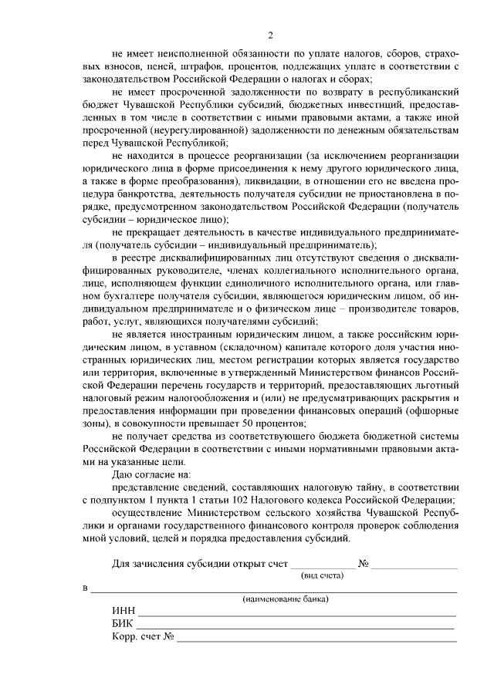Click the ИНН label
click(123, 610)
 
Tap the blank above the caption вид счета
click(323, 565)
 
